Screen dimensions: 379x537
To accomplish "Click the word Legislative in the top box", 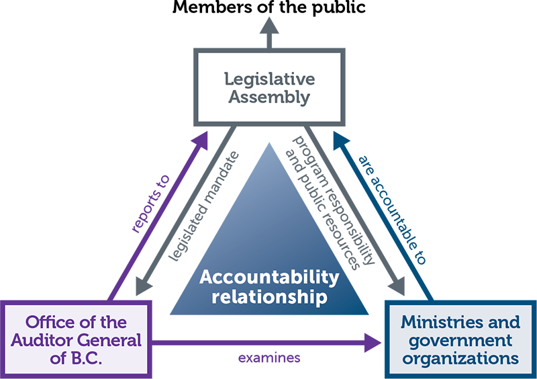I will coord(269,79).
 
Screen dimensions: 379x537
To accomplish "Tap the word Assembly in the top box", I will coord(269,97).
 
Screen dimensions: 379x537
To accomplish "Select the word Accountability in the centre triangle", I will coord(269,278).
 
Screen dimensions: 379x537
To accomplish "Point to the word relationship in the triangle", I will coord(269,296).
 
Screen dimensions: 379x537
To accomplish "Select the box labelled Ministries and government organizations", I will coord(460,340).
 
